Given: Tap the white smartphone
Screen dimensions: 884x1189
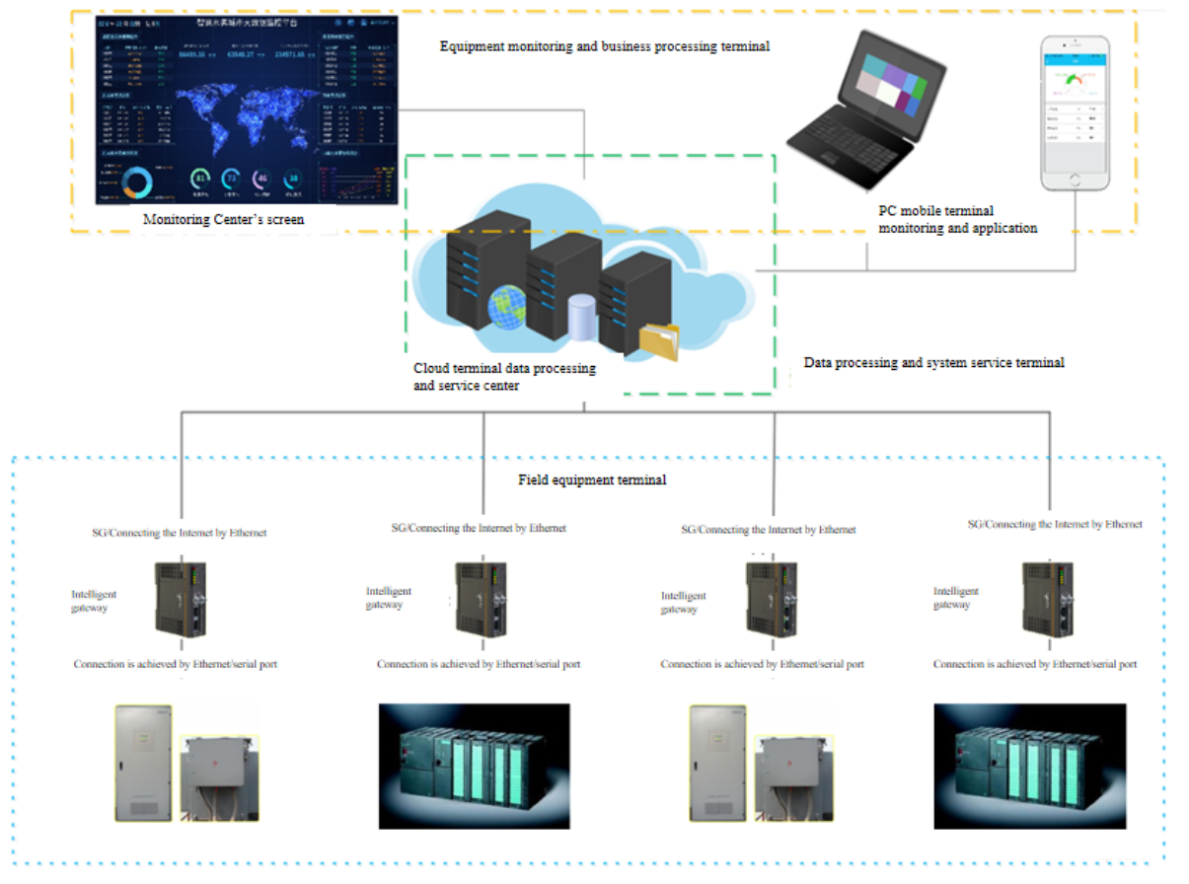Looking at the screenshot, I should (1076, 113).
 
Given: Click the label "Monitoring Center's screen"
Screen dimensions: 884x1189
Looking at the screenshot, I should (223, 220).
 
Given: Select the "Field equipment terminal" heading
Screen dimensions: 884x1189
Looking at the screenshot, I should (592, 480).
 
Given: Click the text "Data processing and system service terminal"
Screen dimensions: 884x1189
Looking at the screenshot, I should (933, 363).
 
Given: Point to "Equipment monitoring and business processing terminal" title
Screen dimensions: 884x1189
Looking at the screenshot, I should (604, 46).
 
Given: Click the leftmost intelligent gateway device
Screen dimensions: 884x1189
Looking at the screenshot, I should (181, 598).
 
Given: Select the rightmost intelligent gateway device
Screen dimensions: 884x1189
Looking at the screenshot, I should (1047, 598).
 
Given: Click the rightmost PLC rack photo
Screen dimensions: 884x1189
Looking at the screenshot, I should (1029, 766).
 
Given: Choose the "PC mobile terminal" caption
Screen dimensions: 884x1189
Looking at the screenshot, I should (935, 211).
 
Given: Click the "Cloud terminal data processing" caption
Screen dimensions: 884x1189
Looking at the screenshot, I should (504, 369).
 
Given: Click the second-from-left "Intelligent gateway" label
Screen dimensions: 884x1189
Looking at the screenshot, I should (389, 598).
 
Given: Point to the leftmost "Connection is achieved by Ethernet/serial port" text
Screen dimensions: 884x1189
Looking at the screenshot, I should (176, 664).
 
